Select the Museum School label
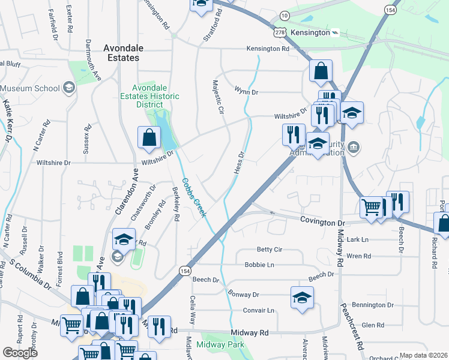(x=30, y=88)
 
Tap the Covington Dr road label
(x=324, y=222)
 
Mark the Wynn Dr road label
(x=246, y=92)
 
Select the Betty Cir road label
(x=270, y=249)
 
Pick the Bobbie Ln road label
(x=259, y=265)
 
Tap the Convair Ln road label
(x=259, y=310)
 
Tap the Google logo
(x=20, y=353)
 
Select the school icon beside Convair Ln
(x=302, y=296)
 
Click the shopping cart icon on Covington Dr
(x=371, y=207)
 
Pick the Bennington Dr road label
(x=373, y=305)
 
